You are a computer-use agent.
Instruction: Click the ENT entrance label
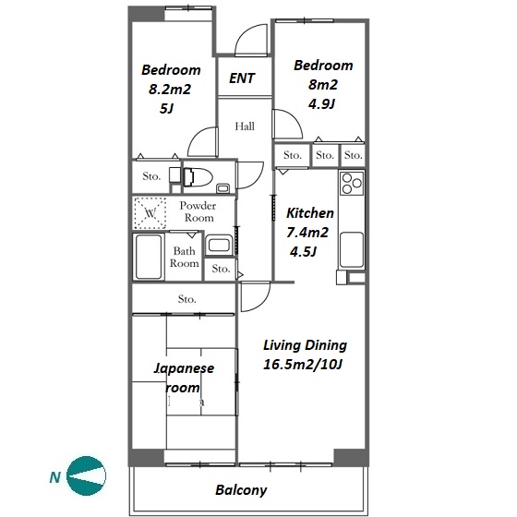pyautogui.click(x=242, y=78)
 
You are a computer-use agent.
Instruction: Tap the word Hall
pyautogui.click(x=245, y=126)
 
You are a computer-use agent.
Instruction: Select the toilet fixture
pyautogui.click(x=198, y=177)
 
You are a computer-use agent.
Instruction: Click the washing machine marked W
pyautogui.click(x=150, y=213)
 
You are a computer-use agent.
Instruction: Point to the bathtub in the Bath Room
pyautogui.click(x=149, y=257)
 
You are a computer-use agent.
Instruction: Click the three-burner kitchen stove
pyautogui.click(x=352, y=184)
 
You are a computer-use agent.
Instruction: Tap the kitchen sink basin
pyautogui.click(x=352, y=249)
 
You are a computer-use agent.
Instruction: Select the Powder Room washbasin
pyautogui.click(x=219, y=245)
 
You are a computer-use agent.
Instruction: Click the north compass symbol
pyautogui.click(x=86, y=475)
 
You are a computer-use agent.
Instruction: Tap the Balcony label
pyautogui.click(x=241, y=490)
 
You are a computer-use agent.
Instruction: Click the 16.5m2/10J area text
pyautogui.click(x=303, y=365)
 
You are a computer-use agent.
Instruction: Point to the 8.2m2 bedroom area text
pyautogui.click(x=170, y=90)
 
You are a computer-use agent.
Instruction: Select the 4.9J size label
pyautogui.click(x=322, y=104)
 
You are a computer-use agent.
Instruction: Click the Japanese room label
pyautogui.click(x=184, y=378)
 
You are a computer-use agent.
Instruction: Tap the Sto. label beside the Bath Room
pyautogui.click(x=221, y=269)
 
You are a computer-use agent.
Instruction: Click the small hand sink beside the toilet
pyautogui.click(x=222, y=188)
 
